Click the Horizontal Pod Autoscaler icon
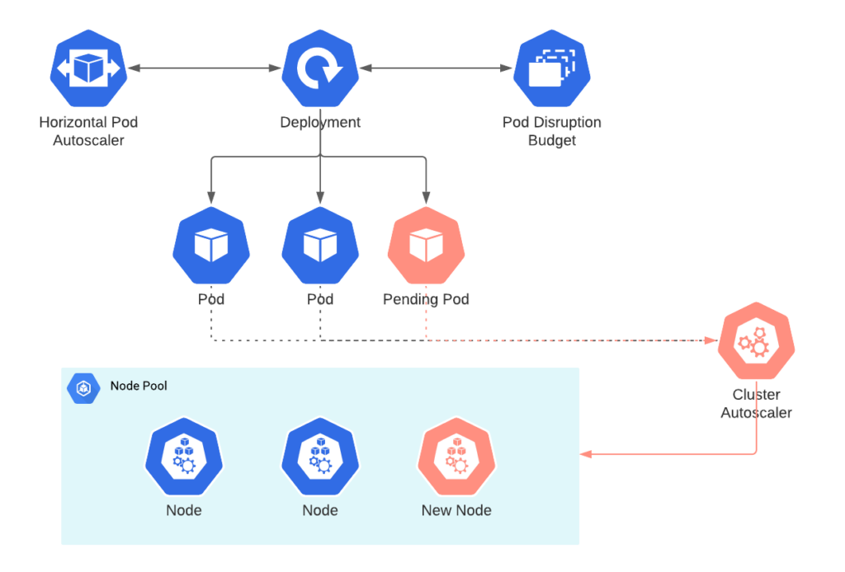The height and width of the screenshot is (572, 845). tap(88, 68)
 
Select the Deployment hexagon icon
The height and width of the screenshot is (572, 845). tap(319, 68)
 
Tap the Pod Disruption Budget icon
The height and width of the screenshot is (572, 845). tap(551, 68)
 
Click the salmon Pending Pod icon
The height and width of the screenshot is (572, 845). tap(426, 246)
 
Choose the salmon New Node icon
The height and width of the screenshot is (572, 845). tap(456, 457)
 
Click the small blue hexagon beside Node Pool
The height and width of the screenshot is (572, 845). tap(83, 387)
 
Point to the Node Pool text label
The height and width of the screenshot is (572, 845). tap(139, 386)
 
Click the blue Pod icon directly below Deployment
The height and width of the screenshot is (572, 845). tap(319, 246)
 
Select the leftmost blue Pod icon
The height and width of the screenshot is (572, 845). tap(211, 246)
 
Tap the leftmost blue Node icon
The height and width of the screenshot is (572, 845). tap(184, 457)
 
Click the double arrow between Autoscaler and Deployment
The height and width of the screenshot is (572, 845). tap(204, 68)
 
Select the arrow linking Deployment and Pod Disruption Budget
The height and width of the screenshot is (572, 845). tap(436, 68)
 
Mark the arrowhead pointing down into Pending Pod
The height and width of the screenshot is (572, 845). tap(426, 199)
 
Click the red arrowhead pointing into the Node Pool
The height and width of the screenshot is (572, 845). tap(586, 454)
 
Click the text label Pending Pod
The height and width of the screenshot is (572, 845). tap(426, 299)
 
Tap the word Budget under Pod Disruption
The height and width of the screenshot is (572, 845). tap(551, 140)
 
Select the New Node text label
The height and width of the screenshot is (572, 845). tap(456, 510)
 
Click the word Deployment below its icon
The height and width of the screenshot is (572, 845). tap(319, 122)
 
